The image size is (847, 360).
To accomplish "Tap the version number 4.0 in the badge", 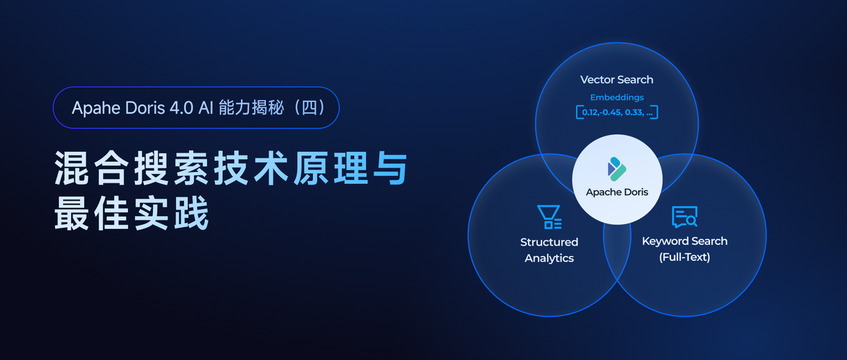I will click(x=177, y=108).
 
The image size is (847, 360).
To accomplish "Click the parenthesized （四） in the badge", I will click(x=308, y=108).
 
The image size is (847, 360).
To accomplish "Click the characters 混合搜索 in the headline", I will click(x=132, y=169).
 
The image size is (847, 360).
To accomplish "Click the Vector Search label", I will click(x=617, y=79).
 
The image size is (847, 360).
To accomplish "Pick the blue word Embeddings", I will click(x=617, y=97).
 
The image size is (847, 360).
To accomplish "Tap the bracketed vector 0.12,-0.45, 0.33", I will click(x=617, y=112).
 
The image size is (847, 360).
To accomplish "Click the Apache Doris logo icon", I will click(x=617, y=169).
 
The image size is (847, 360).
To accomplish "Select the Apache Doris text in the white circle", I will click(x=617, y=192).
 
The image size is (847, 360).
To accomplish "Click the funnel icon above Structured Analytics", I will click(x=549, y=217).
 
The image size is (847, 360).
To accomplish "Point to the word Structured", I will click(x=549, y=242).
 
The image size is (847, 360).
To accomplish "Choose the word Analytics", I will click(x=549, y=258).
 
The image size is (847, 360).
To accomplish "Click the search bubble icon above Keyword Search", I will click(x=684, y=216).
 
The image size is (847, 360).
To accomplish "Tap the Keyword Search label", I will click(x=684, y=241).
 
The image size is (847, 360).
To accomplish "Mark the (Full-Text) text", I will click(x=684, y=257).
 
